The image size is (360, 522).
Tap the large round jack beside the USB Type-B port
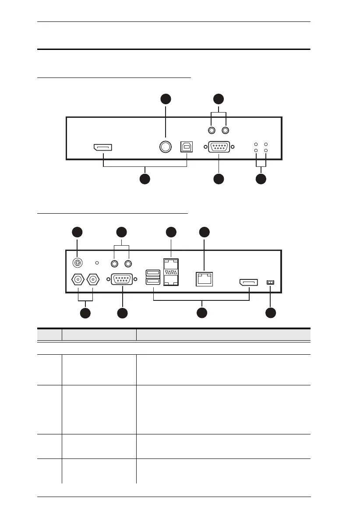pyautogui.click(x=165, y=148)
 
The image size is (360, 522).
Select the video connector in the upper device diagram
pyautogui.click(x=102, y=148)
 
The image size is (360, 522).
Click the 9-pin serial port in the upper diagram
pyautogui.click(x=218, y=148)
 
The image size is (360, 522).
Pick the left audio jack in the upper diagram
pyautogui.click(x=212, y=130)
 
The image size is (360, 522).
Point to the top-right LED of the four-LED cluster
pyautogui.click(x=265, y=144)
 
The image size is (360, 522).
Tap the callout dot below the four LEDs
pyautogui.click(x=261, y=179)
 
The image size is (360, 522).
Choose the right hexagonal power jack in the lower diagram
pyautogui.click(x=93, y=279)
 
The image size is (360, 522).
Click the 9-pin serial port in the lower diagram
pyautogui.click(x=122, y=279)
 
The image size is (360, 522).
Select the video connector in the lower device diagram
pyautogui.click(x=248, y=282)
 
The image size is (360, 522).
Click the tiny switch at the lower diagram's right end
pyautogui.click(x=270, y=282)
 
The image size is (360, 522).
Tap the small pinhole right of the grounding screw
pyautogui.click(x=97, y=264)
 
